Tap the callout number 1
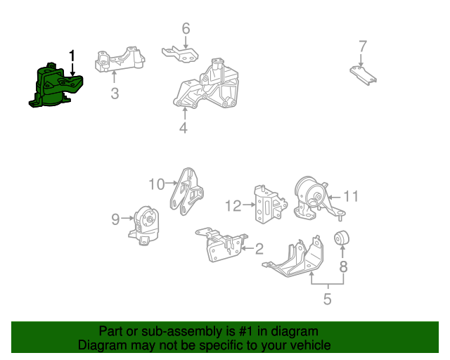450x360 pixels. click(71, 56)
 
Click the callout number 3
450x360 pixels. click(114, 94)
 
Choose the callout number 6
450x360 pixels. click(186, 29)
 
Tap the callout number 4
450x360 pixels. click(183, 128)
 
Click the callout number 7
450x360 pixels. click(362, 46)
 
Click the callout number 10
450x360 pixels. click(156, 184)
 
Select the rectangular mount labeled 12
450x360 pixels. click(266, 206)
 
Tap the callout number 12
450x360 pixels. click(233, 206)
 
